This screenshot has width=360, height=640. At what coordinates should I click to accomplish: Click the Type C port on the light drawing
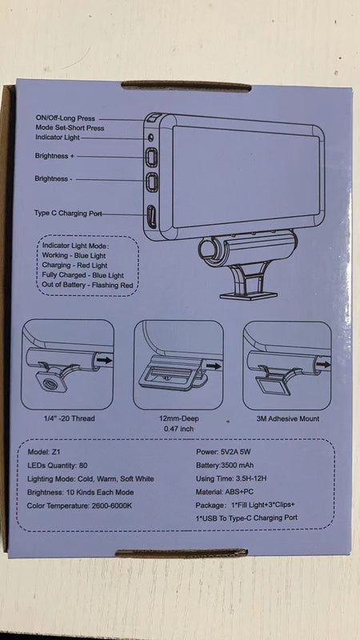click(150, 216)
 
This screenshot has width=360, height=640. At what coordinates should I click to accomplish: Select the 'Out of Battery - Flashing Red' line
click(88, 285)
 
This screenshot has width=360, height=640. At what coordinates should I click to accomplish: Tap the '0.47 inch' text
click(178, 429)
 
